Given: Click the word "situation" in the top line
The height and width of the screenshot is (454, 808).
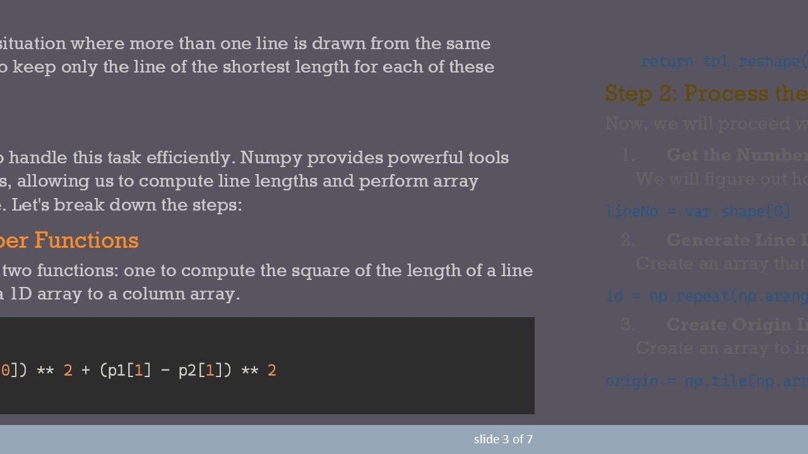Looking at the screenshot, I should click(33, 44).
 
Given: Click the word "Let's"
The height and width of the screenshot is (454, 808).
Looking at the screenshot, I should click(31, 205).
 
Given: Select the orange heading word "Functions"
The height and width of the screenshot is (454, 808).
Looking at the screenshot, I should click(86, 240).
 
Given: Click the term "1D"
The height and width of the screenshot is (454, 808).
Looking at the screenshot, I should click(21, 294).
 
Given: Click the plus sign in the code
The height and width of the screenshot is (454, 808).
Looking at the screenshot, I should click(86, 370).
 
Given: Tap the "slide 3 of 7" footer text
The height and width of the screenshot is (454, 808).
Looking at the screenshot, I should click(503, 439).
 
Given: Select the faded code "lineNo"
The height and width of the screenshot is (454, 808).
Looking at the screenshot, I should click(632, 212).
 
